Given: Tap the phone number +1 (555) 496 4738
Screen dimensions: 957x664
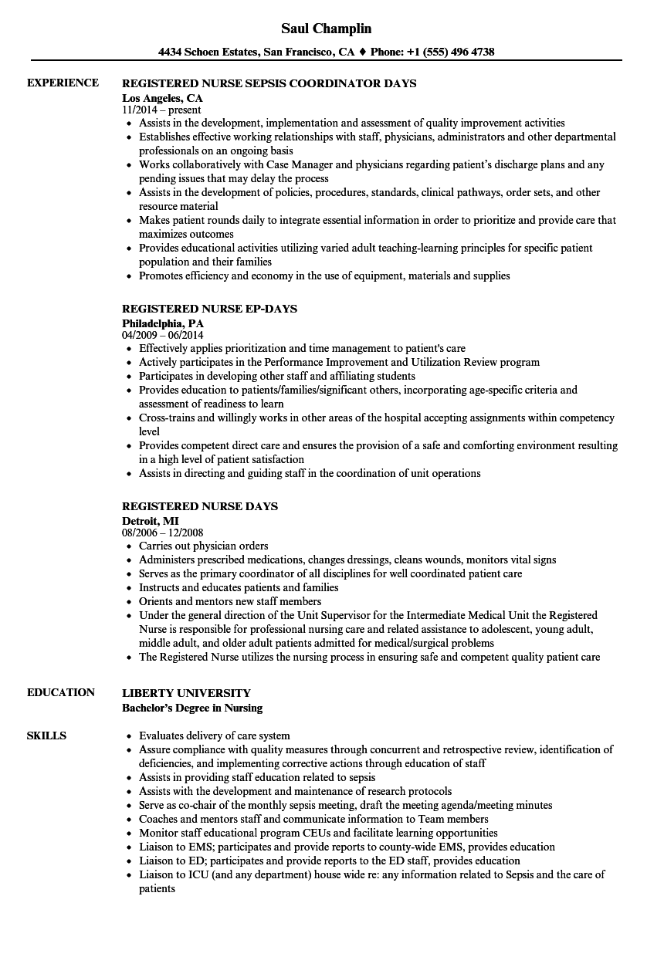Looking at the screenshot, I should (452, 52).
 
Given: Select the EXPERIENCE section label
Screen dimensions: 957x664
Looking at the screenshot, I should (63, 83).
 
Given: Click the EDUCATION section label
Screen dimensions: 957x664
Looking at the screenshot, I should (61, 692).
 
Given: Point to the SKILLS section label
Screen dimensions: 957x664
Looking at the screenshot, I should (46, 736).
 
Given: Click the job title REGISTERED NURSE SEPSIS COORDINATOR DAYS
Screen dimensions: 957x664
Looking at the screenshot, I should (269, 83).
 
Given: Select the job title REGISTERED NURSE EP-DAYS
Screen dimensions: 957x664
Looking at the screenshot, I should (209, 309).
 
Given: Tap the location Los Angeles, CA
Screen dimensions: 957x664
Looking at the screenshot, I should (162, 98).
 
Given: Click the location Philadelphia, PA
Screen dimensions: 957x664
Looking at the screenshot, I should (162, 323).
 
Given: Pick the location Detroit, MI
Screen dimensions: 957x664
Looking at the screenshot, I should (150, 521).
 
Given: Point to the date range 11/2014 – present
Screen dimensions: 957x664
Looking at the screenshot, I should (161, 110).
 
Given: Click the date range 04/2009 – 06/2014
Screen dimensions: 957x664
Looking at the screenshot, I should (163, 336).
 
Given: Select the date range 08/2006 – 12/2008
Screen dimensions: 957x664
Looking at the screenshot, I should (163, 533).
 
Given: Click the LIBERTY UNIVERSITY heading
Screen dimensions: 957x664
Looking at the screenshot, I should (186, 693).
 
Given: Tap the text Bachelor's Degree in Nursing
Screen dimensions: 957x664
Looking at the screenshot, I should (192, 707).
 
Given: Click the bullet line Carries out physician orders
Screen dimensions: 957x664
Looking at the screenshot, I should (204, 546).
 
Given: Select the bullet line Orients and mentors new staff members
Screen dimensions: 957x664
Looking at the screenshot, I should (230, 601).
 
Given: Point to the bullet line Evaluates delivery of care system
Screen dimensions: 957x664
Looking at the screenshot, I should (215, 736).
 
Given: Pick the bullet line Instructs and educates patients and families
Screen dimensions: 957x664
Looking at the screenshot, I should (239, 587).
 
